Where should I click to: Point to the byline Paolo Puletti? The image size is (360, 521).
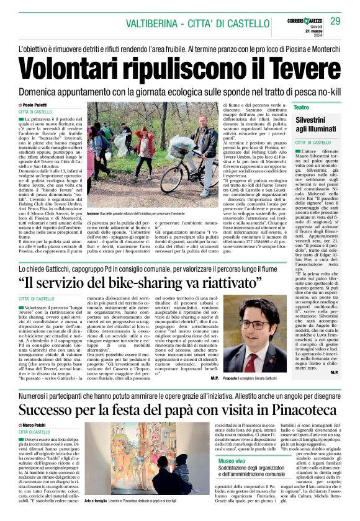click(x=37, y=104)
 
